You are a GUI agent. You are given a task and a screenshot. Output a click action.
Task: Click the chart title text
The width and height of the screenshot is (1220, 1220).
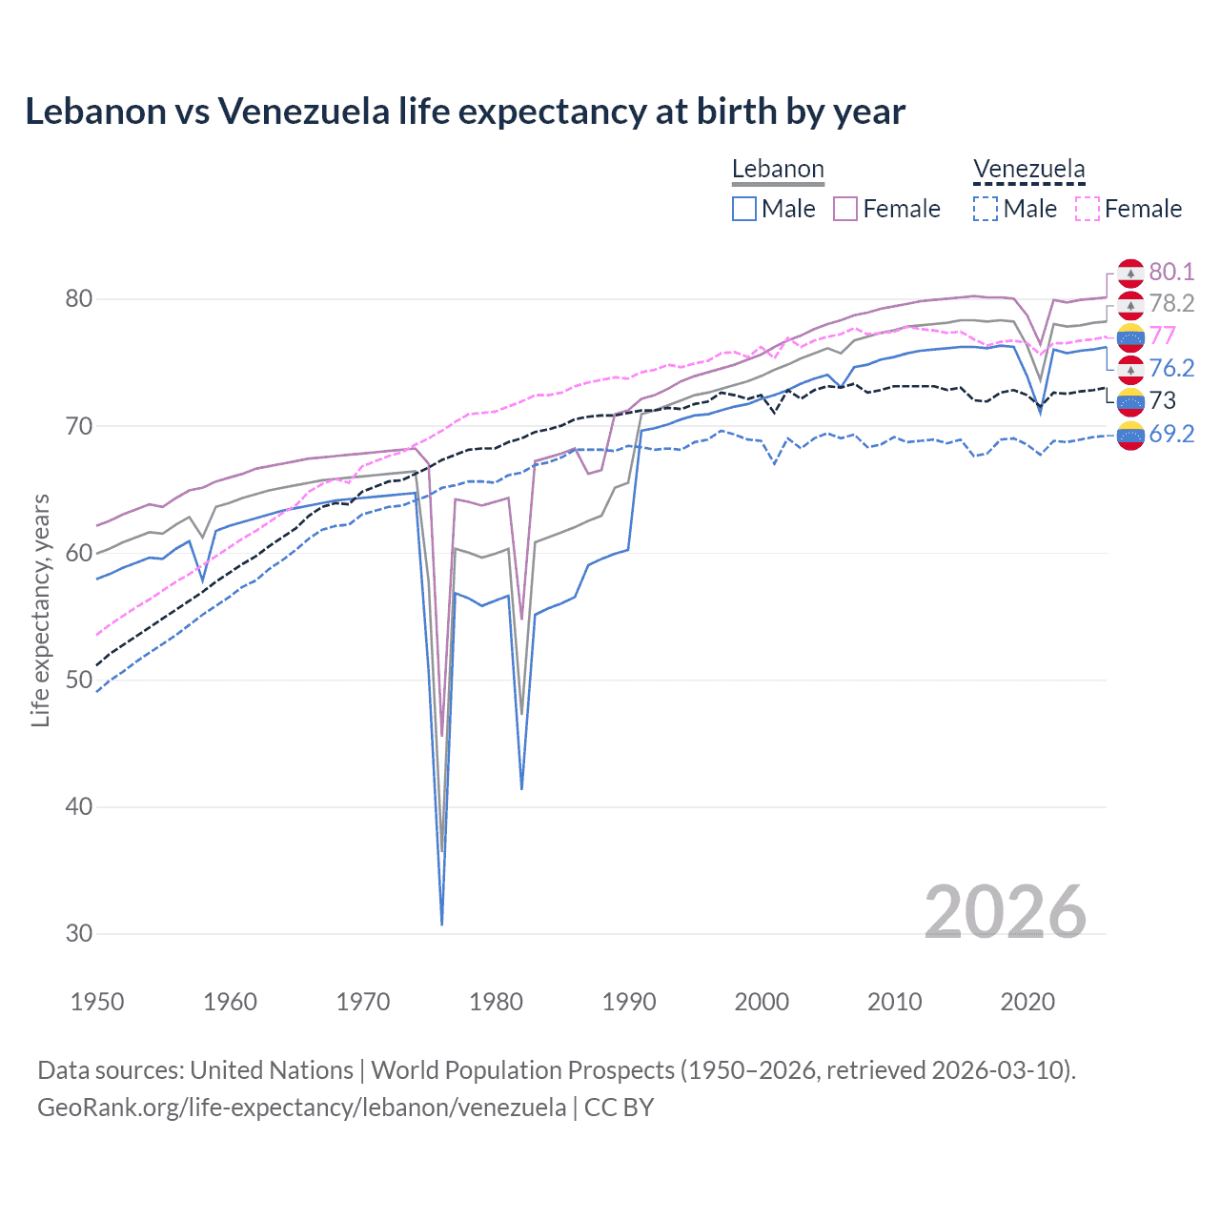(464, 112)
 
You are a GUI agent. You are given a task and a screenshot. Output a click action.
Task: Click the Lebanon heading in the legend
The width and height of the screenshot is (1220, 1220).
(778, 170)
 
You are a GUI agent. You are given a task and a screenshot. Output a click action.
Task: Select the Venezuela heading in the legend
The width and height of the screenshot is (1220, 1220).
(1028, 170)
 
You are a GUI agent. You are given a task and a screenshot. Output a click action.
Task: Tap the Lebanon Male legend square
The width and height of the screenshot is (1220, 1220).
(744, 209)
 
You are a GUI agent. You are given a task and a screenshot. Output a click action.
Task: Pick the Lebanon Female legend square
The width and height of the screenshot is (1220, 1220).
(845, 209)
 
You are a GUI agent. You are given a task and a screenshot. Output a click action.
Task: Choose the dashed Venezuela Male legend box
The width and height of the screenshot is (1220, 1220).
(986, 209)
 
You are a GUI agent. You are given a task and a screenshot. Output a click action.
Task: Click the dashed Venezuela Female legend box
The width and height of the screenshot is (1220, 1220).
(1088, 209)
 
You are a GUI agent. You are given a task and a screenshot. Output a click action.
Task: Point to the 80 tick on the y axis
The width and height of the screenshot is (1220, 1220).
(79, 298)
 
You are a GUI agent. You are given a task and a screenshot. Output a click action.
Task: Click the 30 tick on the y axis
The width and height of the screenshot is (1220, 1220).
(79, 933)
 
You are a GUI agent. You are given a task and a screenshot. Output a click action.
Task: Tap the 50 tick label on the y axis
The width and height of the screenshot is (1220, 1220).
(79, 680)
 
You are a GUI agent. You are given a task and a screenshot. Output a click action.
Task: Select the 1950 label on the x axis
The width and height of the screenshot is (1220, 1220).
(97, 1002)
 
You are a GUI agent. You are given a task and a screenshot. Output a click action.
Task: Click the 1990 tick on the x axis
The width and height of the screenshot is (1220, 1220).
(629, 1002)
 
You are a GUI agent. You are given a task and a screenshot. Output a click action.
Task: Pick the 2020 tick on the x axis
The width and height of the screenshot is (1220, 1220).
(1027, 1002)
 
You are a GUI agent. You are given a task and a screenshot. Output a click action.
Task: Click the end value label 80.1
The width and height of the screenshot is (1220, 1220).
(1171, 272)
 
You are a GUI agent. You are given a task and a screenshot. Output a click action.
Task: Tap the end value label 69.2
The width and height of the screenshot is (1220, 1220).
(1171, 434)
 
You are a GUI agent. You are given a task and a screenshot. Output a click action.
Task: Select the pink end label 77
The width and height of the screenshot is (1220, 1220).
(1163, 335)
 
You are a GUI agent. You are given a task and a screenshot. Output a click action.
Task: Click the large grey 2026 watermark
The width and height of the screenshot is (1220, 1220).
(1005, 912)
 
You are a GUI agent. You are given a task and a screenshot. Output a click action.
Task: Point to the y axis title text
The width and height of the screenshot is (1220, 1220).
(40, 610)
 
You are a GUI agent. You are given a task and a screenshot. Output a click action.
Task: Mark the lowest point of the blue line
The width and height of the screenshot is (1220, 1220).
(441, 924)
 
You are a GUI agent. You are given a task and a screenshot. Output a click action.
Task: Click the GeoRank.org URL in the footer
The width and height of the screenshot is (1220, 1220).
(301, 1108)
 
